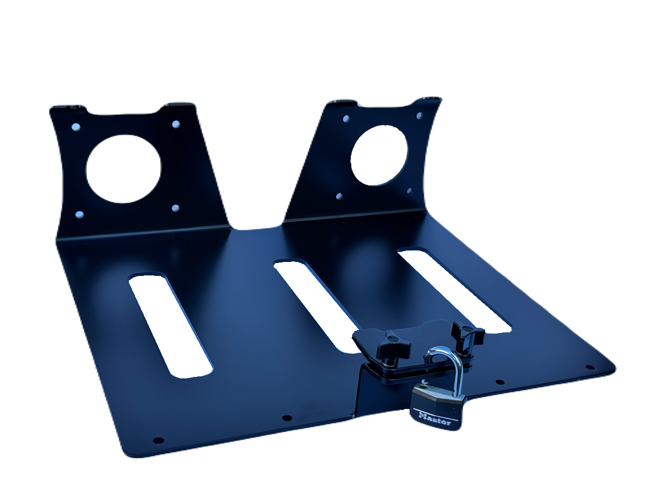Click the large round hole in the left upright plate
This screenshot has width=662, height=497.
[x=124, y=168]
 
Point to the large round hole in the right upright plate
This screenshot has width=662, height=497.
[x=380, y=156]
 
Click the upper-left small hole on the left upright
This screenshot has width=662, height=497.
[x=77, y=126]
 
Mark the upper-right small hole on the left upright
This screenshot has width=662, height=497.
[x=175, y=124]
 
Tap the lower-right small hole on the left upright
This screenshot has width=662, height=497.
[x=175, y=208]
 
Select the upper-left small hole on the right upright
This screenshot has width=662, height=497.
[x=345, y=120]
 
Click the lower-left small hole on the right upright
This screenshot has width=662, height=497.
[x=339, y=197]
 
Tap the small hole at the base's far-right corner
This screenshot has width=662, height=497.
[x=588, y=367]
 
